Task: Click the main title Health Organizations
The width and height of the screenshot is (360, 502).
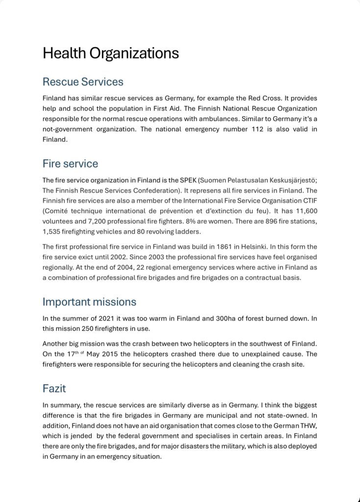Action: tap(111, 53)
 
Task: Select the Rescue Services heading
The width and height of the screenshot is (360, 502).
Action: tap(83, 81)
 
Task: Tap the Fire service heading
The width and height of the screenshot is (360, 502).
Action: tap(70, 163)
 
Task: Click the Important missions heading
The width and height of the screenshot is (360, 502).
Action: tap(89, 301)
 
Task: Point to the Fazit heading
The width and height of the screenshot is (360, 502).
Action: tap(54, 388)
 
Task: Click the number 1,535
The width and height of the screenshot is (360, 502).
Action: tap(53, 231)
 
